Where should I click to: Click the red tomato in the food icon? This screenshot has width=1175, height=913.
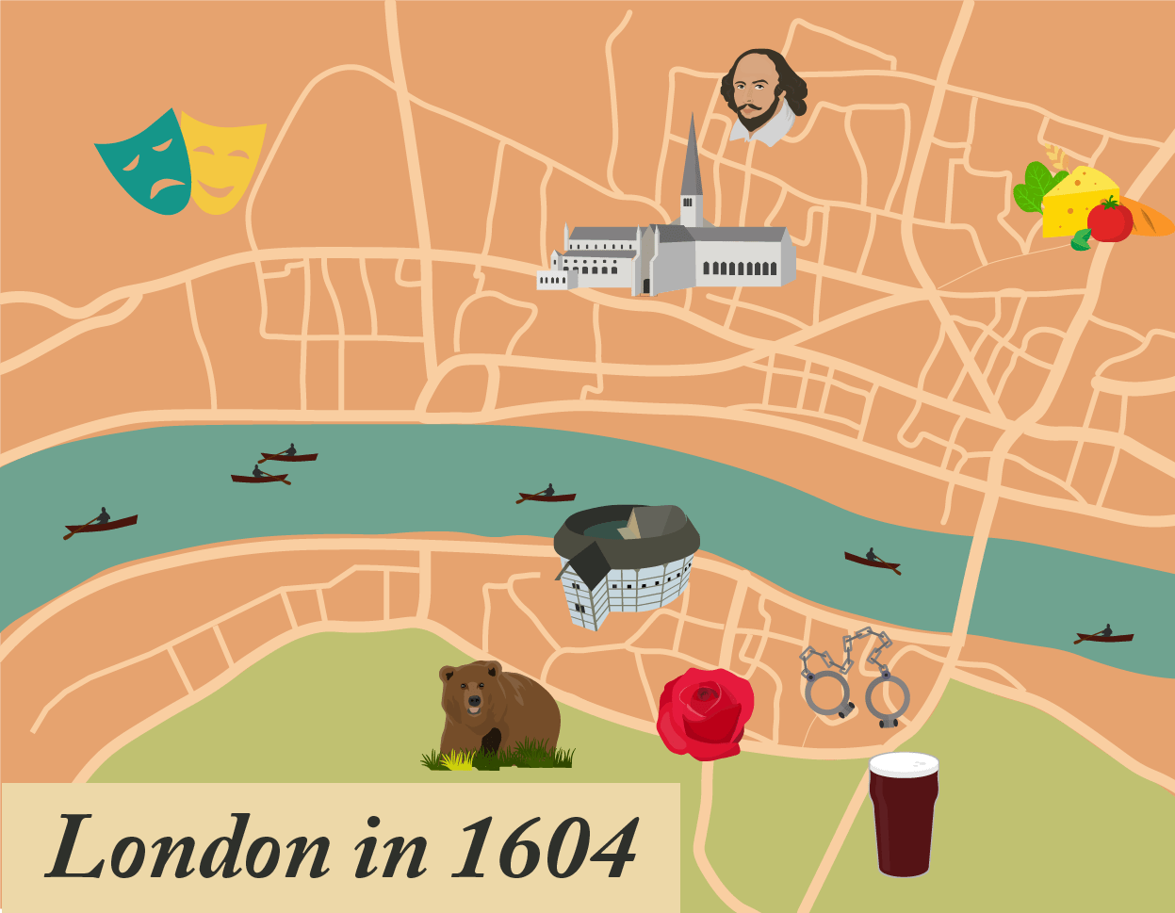(1110, 221)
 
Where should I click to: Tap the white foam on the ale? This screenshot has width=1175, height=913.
(904, 763)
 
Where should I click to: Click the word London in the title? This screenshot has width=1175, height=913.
(188, 846)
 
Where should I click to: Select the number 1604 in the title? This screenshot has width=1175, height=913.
(545, 846)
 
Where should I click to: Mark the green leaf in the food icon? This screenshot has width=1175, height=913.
(1034, 187)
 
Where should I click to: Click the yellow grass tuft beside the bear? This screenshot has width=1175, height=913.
(459, 759)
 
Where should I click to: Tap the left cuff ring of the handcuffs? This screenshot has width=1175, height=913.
(827, 693)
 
